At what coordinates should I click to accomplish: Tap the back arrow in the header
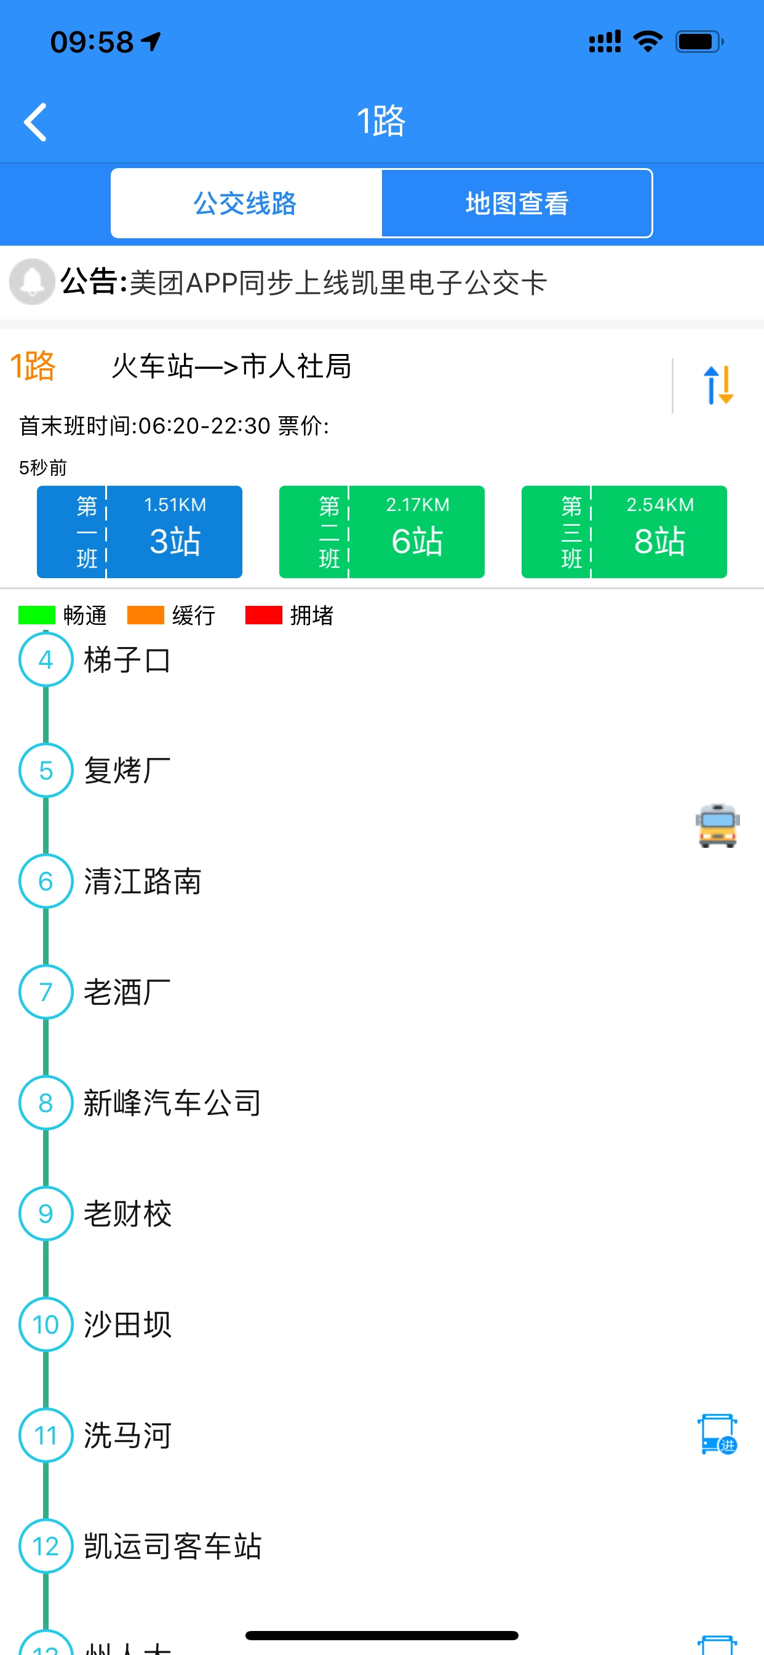[36, 121]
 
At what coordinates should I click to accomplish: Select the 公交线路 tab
[246, 203]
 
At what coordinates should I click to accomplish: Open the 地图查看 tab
[517, 203]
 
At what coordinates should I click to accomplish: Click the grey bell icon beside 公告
[31, 281]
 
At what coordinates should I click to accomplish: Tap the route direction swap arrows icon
[718, 385]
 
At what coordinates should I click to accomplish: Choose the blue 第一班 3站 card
[139, 531]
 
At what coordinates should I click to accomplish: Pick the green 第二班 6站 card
[381, 531]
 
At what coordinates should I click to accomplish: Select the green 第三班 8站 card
[623, 531]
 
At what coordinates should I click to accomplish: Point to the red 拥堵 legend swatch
[263, 615]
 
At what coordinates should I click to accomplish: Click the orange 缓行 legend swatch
[145, 615]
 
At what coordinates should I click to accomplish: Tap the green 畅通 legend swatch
[36, 615]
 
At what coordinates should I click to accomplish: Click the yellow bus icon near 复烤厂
[717, 826]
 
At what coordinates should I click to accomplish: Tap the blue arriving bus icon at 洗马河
[717, 1434]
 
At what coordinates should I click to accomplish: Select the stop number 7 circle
[46, 992]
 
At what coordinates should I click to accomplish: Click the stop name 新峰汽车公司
[172, 1103]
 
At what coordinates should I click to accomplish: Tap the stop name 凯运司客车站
[173, 1546]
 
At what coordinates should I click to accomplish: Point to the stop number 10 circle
[46, 1324]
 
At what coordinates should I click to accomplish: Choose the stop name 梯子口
[127, 660]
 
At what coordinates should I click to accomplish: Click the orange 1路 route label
[33, 366]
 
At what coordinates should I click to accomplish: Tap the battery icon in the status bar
[699, 42]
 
